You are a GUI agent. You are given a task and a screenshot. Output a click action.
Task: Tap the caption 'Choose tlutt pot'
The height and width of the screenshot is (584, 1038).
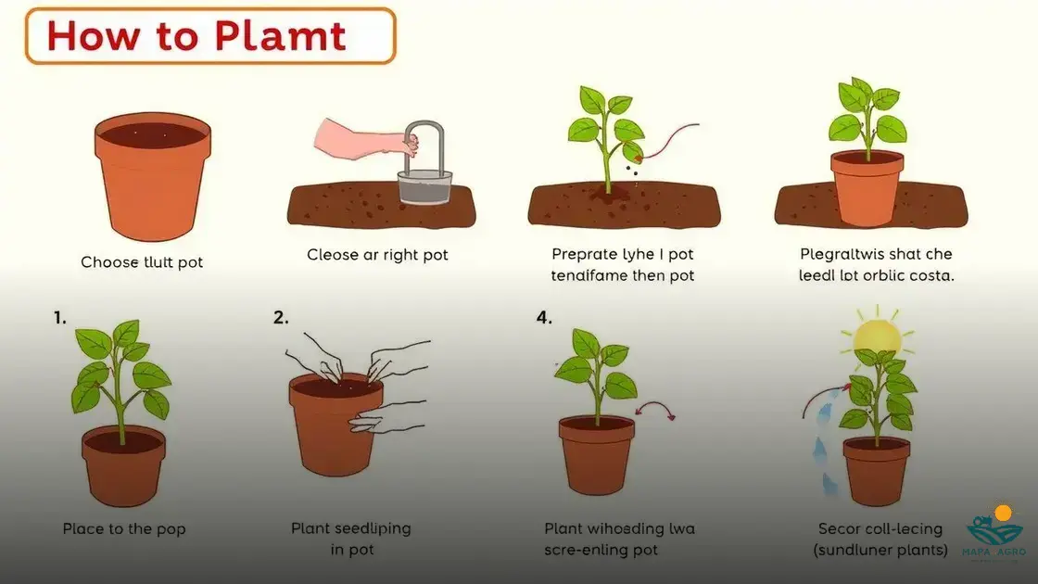[x=142, y=262]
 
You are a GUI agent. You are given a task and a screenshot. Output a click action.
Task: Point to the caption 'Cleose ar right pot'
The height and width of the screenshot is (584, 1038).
[x=377, y=254]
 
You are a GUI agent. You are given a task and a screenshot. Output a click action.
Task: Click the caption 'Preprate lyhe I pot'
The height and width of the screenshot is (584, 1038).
[x=622, y=254]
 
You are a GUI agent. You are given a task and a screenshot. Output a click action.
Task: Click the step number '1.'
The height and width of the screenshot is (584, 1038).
[x=59, y=318]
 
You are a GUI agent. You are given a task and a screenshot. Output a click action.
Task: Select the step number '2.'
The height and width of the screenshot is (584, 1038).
[x=281, y=318]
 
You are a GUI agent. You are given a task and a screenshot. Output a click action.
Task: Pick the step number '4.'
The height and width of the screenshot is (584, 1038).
[x=543, y=318]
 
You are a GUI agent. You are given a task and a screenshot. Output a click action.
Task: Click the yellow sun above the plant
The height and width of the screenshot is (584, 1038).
[x=877, y=336]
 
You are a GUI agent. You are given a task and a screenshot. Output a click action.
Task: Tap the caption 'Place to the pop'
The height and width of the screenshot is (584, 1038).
[x=124, y=529]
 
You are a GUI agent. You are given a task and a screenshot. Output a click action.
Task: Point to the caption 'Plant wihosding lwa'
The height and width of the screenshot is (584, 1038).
[x=619, y=529]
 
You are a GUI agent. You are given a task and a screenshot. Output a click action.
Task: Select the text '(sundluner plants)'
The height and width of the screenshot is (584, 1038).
[x=880, y=551]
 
